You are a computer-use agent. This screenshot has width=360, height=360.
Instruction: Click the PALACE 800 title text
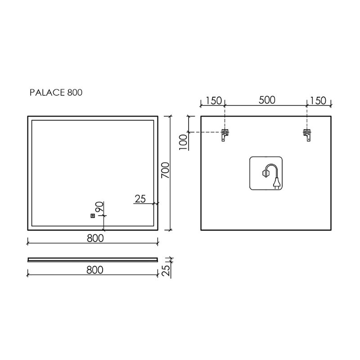coord(56,93)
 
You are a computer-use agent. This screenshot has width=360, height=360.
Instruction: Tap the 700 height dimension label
coord(165,170)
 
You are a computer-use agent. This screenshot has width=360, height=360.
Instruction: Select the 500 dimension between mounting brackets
coord(267,100)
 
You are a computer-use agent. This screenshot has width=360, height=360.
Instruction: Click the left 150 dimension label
coord(213,100)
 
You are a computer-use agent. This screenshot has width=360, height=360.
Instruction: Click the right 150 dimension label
coord(318,100)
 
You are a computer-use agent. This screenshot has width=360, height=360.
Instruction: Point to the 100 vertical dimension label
coord(184,142)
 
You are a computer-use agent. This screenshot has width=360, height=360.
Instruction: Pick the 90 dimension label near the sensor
coord(99,207)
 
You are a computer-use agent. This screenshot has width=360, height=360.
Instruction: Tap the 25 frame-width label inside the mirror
coord(140,199)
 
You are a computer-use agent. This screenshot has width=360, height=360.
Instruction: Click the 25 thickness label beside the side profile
coord(166,270)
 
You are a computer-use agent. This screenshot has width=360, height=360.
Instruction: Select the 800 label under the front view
coord(95,238)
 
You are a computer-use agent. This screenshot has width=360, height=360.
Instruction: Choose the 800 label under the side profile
coord(95,270)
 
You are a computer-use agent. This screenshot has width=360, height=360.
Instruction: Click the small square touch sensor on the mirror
coord(93,216)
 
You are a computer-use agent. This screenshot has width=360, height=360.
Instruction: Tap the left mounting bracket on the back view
coord(225,135)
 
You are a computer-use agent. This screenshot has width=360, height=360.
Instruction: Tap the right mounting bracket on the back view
coord(307,135)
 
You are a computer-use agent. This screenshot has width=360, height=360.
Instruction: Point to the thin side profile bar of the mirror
coord(93,260)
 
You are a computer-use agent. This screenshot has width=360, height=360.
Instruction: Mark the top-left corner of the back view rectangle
coord(201,117)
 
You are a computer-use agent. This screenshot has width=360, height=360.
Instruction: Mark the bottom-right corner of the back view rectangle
coord(331,230)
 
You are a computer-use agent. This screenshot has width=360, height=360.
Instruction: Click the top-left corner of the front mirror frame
coord(28,117)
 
